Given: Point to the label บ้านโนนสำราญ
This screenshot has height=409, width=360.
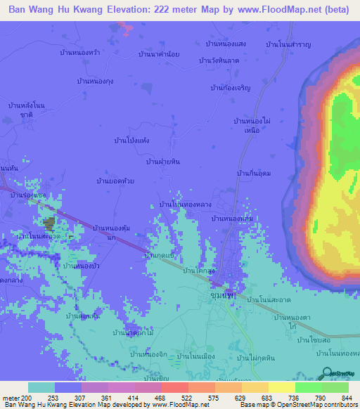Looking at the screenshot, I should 288,44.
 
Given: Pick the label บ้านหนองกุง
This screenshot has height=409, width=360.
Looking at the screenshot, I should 96,82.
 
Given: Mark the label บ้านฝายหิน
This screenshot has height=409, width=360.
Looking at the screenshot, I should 163,161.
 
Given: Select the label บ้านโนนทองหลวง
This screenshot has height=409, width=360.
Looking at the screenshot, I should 186,204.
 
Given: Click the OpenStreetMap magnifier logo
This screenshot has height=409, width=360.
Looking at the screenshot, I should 326,374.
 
